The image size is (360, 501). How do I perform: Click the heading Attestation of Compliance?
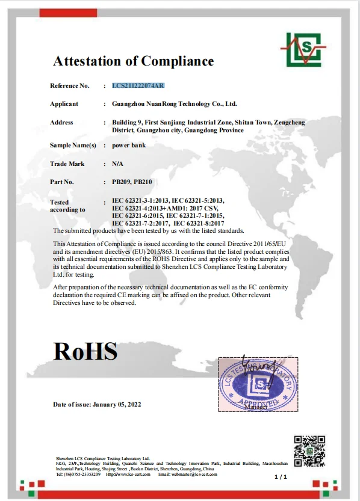click(133, 61)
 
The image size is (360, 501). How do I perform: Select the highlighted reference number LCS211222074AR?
click(138, 86)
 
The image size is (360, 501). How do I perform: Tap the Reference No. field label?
click(69, 86)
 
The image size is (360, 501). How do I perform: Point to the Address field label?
click(61, 123)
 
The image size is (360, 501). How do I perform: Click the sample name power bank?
click(129, 146)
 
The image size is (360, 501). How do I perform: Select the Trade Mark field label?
click(67, 164)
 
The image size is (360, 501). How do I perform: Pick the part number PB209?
click(122, 182)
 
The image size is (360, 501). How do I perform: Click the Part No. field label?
click(62, 182)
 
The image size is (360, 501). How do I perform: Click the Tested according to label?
click(67, 206)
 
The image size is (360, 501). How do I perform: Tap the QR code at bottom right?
click(309, 451)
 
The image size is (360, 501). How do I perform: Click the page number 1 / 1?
click(281, 476)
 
